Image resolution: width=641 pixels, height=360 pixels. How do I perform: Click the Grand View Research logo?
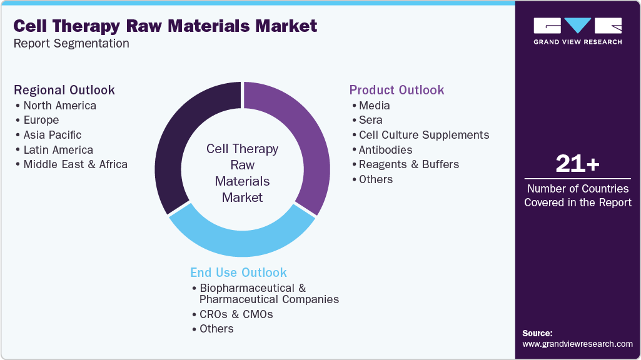577,31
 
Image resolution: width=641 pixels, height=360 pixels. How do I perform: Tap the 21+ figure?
577,164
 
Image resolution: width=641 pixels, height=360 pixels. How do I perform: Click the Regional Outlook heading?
64,90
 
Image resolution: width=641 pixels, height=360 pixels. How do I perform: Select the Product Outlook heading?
396,90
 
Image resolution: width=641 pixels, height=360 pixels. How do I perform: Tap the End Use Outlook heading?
238,272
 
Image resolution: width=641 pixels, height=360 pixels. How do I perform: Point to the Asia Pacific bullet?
53,135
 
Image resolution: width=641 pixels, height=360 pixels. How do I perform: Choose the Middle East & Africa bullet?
75,164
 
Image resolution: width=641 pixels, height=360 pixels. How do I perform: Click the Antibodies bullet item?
385,150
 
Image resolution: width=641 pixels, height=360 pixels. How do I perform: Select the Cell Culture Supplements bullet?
424,135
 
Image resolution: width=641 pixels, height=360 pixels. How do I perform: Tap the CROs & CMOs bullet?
236,314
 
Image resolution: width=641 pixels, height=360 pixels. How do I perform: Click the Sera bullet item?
370,120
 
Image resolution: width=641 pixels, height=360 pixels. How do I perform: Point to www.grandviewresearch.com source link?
577,344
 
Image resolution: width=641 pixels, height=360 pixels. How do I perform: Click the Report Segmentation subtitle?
71,44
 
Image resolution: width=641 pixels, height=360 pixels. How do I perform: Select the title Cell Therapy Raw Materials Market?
165,26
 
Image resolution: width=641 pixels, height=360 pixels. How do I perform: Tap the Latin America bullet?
58,150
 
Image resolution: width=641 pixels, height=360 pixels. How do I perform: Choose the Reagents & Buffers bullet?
408,164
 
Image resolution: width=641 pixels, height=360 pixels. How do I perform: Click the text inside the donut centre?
242,173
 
